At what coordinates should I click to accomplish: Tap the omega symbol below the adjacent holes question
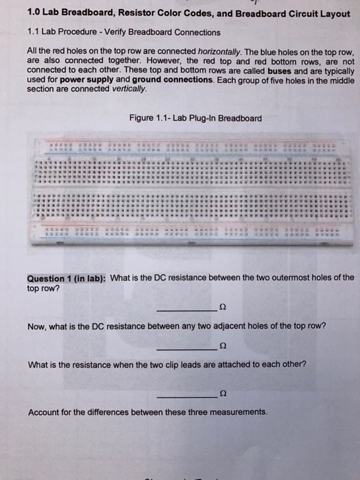pos(221,346)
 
